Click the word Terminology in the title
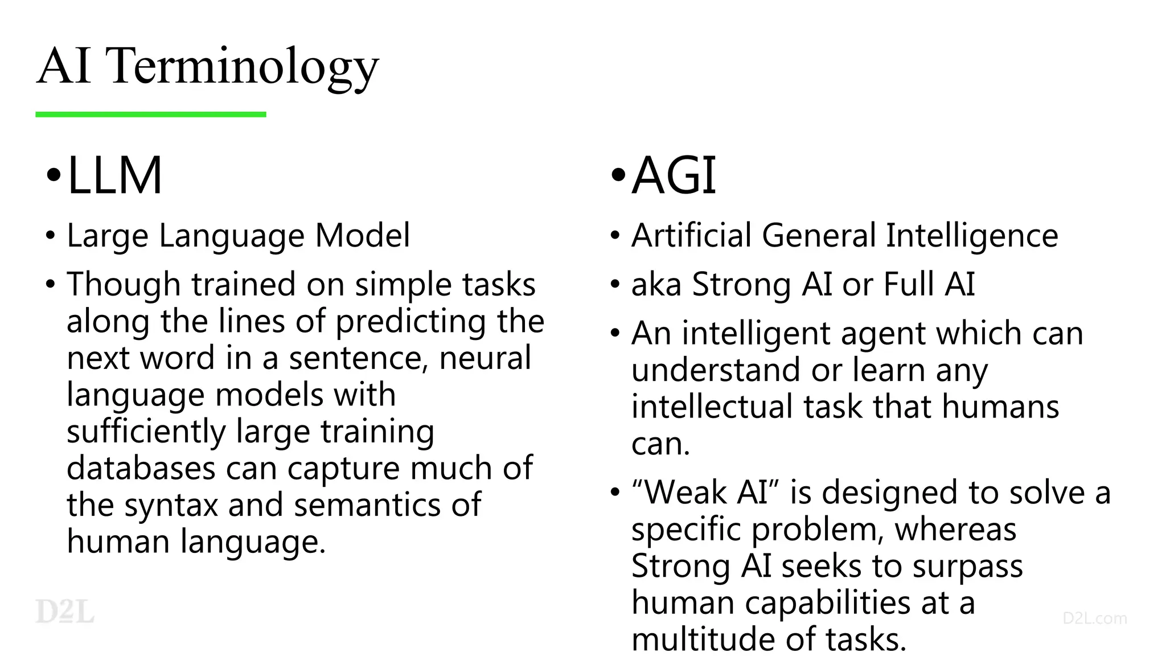tap(242, 67)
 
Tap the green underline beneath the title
tap(150, 114)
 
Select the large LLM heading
tap(114, 175)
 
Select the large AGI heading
tap(674, 175)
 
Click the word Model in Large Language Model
tap(362, 235)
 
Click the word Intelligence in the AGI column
tap(972, 235)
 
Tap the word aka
tap(656, 284)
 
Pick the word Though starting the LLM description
tap(124, 284)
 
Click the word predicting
tap(410, 321)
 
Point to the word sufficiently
tap(146, 431)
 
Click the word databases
tap(141, 468)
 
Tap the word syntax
tap(171, 505)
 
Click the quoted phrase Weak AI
tap(705, 492)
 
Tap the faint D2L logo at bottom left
tap(64, 612)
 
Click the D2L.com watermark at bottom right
tap(1094, 618)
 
